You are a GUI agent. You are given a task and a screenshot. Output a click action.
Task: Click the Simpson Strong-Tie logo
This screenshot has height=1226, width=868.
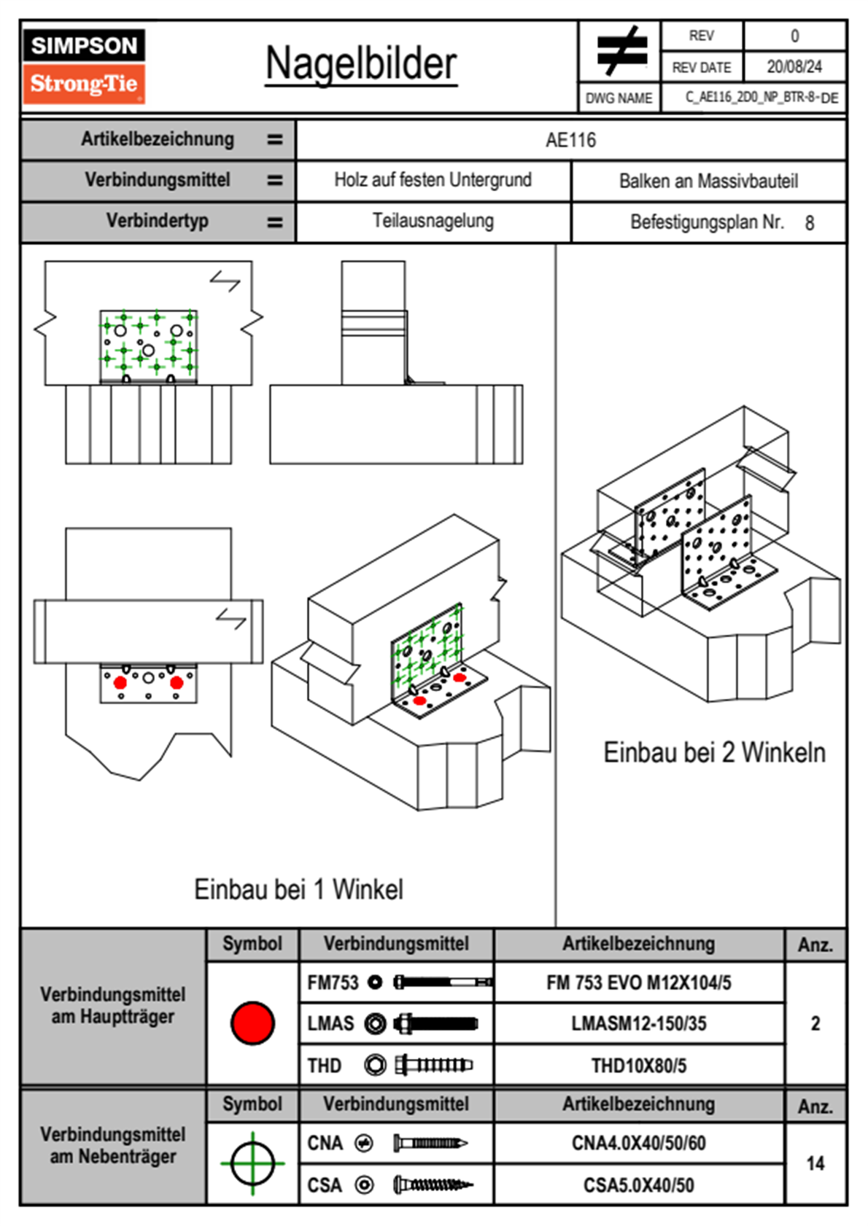click(84, 66)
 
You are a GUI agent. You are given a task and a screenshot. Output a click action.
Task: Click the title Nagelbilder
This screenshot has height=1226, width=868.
click(361, 63)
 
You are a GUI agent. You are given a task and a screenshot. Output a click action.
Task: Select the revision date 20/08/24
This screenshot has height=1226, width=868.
click(794, 67)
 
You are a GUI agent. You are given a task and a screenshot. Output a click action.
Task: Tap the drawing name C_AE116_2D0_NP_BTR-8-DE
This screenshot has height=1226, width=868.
click(762, 98)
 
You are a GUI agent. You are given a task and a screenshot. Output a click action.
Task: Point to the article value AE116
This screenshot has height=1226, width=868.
click(570, 140)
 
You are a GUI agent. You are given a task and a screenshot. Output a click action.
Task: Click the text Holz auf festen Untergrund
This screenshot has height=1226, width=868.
click(433, 180)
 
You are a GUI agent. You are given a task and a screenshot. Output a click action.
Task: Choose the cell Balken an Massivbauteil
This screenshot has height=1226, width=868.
click(708, 181)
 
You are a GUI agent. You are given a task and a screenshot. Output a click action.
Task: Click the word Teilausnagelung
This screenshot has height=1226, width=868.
click(433, 221)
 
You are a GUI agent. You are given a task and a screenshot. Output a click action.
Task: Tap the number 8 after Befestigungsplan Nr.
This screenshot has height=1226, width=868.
click(810, 223)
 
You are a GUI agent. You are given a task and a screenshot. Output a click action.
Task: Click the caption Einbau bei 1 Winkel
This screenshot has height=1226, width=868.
click(298, 890)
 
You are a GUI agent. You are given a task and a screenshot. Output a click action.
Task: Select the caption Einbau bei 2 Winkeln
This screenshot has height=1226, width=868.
click(714, 753)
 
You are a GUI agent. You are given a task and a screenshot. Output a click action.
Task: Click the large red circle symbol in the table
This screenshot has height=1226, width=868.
click(252, 1023)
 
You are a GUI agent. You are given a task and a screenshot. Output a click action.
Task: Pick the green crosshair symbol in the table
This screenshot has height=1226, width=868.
click(252, 1163)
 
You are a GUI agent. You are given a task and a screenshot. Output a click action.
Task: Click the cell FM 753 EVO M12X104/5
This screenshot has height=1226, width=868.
click(638, 983)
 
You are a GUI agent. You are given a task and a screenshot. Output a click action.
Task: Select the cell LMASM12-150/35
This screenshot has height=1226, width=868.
click(638, 1024)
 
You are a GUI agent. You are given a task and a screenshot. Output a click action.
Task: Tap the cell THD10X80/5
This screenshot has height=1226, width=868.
click(638, 1066)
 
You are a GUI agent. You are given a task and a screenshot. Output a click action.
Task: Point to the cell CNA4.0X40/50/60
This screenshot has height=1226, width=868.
click(638, 1143)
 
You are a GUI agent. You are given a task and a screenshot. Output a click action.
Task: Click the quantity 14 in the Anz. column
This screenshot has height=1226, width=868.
click(815, 1163)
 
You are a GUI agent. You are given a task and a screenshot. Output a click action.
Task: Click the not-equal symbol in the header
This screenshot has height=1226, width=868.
click(621, 52)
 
